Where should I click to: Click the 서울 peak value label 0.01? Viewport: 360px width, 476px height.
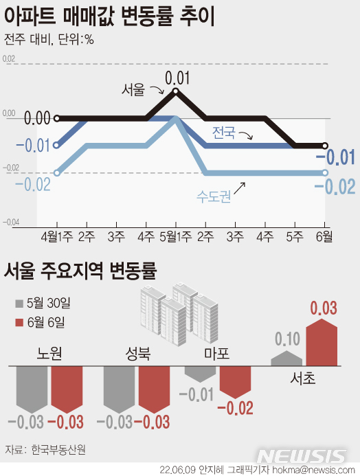click(x=177, y=77)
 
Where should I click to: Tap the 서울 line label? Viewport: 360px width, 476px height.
click(x=133, y=90)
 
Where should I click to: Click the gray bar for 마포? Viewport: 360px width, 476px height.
click(x=200, y=373)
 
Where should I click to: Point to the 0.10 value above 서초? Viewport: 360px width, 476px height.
click(x=286, y=339)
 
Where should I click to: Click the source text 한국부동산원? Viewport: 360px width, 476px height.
click(x=63, y=451)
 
